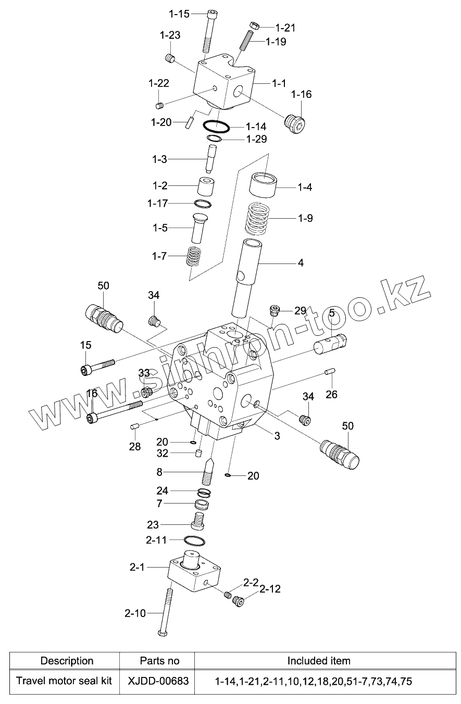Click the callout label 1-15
180,14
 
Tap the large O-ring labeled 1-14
216,126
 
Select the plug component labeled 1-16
296,123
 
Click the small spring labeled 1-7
194,257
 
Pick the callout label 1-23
170,35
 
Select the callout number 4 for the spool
301,262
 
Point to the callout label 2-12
270,589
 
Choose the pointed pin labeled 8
209,471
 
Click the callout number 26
331,394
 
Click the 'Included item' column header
319,661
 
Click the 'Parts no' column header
159,661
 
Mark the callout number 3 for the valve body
277,436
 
